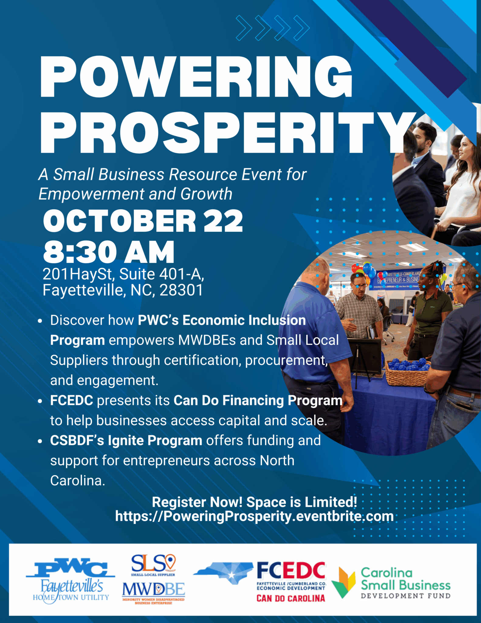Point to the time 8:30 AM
click(109, 252)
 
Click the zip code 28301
click(181, 290)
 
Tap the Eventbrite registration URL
click(254, 516)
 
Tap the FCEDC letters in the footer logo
click(291, 570)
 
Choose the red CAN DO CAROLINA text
click(291, 598)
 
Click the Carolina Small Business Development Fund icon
click(343, 582)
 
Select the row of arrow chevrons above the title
click(273, 28)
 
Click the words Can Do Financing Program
click(258, 401)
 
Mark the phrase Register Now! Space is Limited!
click(255, 502)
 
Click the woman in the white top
click(460, 183)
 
